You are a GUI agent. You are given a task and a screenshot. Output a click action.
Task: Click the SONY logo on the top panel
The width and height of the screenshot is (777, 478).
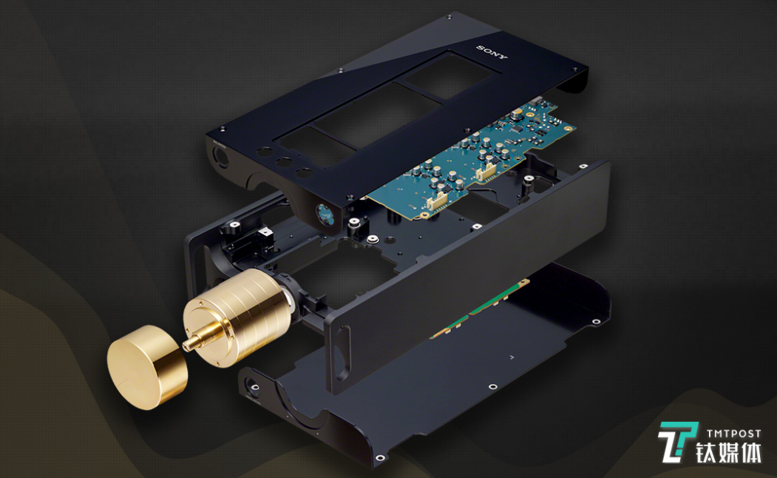pos(492,52)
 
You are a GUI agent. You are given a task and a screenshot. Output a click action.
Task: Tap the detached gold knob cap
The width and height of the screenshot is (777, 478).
pos(147,367)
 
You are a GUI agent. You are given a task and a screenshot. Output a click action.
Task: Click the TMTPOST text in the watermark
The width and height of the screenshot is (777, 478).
pos(733,434)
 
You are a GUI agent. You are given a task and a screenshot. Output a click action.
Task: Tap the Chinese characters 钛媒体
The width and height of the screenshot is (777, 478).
pos(728,453)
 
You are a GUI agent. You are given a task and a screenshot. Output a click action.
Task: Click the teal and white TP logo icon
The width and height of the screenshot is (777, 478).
pos(677,440)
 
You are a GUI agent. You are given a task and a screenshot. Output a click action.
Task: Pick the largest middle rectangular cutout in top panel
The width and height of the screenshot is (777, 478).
pos(378,115)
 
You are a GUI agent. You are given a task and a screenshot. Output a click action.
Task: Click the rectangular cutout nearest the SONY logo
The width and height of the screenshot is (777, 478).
pos(449,75)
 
